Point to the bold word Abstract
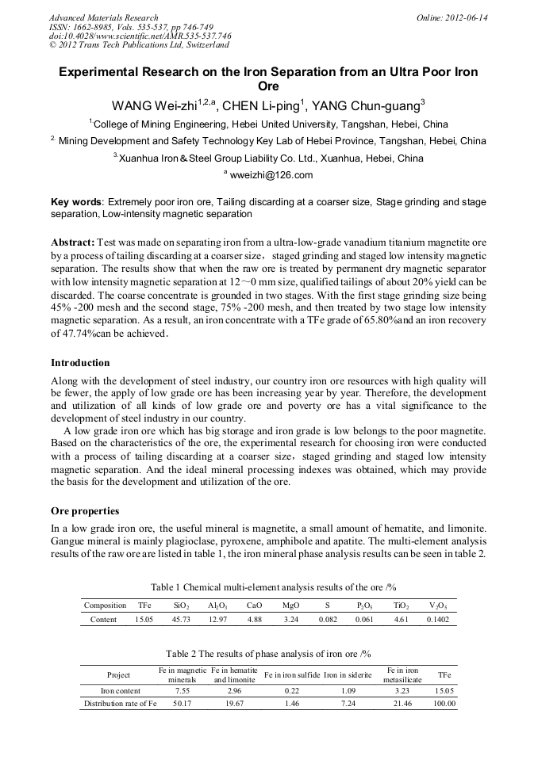[73, 240]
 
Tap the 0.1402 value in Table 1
[437, 620]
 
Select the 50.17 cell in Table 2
[182, 703]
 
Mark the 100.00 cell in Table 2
[444, 703]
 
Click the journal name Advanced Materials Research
[103, 17]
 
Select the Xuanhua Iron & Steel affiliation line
[268, 158]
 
